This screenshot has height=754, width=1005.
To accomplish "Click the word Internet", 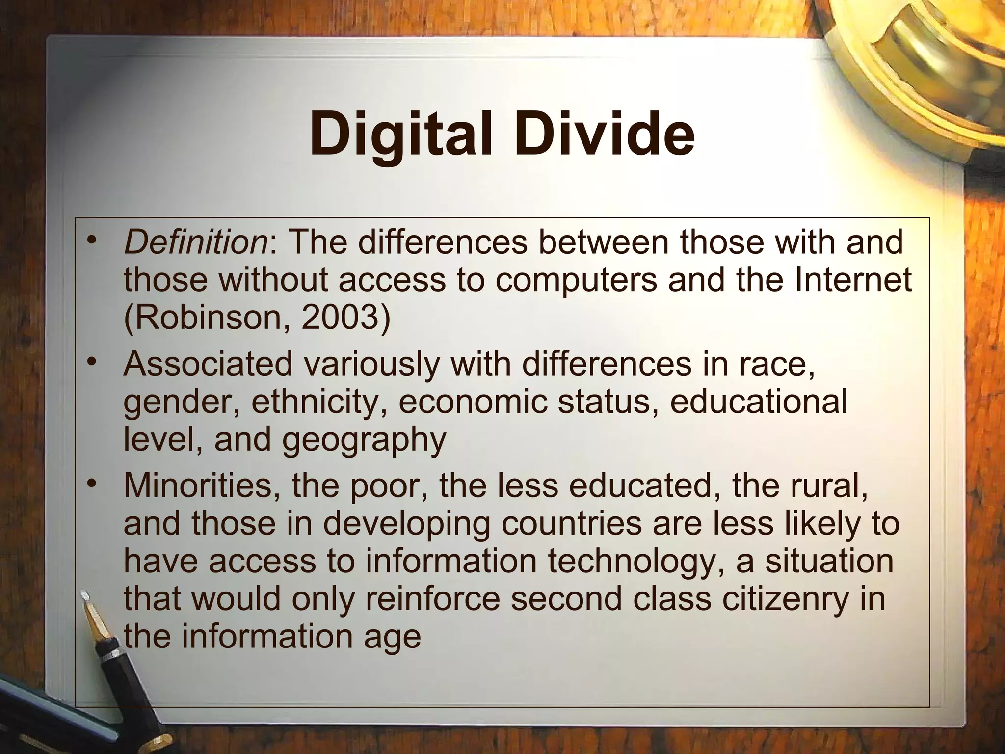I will click(x=853, y=280).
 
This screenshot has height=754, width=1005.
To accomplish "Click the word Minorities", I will click(x=202, y=485).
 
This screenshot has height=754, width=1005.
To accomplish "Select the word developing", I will click(x=406, y=524).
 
